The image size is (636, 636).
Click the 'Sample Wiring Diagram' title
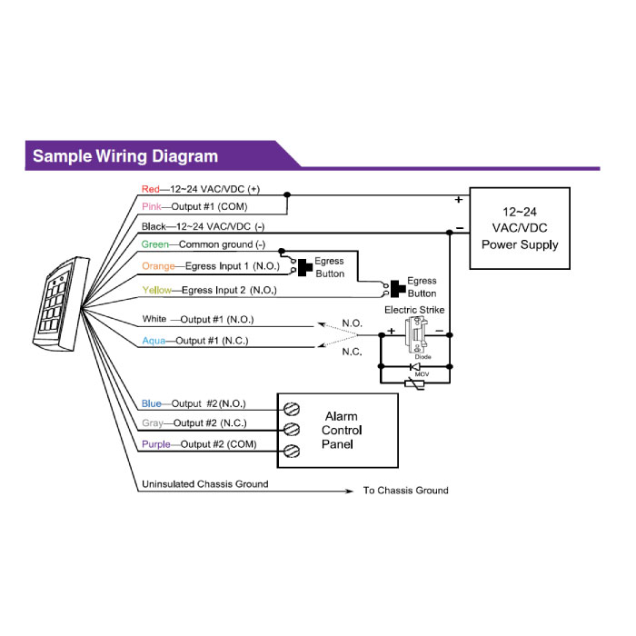coord(125,155)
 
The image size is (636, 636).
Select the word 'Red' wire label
coord(150,189)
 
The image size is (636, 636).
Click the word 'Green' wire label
coord(154,245)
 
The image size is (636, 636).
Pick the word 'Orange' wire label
coord(158,265)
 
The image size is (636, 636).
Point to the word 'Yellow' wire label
coord(155,291)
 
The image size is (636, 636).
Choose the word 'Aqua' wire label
coord(153,341)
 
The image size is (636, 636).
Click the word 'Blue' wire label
coord(151,403)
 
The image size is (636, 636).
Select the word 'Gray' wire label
coord(152,423)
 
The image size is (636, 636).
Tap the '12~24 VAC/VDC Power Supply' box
coord(519,228)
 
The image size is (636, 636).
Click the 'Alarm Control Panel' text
coord(342,431)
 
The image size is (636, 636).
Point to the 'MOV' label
coord(421,373)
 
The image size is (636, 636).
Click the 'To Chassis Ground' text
coord(405,491)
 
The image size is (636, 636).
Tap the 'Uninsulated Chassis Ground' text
coord(204,484)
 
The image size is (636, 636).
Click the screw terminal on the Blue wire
coord(293,409)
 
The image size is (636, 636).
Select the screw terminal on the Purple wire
coord(293,451)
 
